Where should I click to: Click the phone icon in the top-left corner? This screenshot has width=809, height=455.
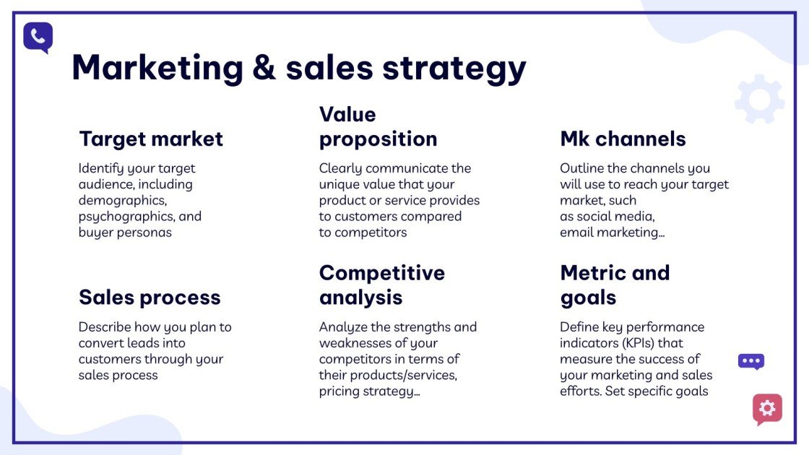click(38, 37)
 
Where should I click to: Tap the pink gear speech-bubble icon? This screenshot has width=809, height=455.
click(767, 409)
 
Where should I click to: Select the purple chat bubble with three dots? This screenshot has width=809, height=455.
click(750, 361)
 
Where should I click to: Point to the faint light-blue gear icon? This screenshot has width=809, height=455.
click(759, 99)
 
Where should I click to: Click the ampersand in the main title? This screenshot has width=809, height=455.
click(265, 69)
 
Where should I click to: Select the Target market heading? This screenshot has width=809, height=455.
click(151, 139)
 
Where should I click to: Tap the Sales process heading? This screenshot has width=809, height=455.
click(150, 298)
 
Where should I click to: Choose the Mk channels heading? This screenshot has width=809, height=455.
click(623, 139)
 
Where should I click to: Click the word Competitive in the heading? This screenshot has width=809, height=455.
click(382, 273)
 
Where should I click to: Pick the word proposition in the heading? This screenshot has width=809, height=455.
click(378, 139)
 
